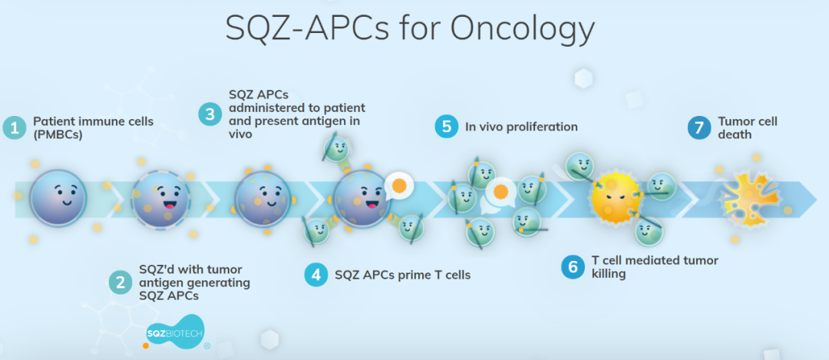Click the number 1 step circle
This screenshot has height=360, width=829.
(15, 128)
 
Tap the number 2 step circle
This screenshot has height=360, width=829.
(121, 282)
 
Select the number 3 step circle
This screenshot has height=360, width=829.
(210, 114)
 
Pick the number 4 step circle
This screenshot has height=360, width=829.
(316, 275)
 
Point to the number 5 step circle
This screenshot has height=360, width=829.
(447, 127)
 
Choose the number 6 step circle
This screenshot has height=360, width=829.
(573, 267)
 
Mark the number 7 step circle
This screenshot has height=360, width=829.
(699, 128)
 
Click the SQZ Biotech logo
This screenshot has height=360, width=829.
(176, 332)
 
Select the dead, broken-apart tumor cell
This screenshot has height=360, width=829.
(751, 198)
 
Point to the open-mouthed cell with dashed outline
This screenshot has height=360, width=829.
(160, 200)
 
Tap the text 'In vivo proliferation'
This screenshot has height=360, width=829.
(521, 127)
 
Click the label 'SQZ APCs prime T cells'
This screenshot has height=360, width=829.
(402, 275)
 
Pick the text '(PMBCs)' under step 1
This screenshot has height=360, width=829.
(57, 135)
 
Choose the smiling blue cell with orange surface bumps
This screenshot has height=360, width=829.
(263, 199)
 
